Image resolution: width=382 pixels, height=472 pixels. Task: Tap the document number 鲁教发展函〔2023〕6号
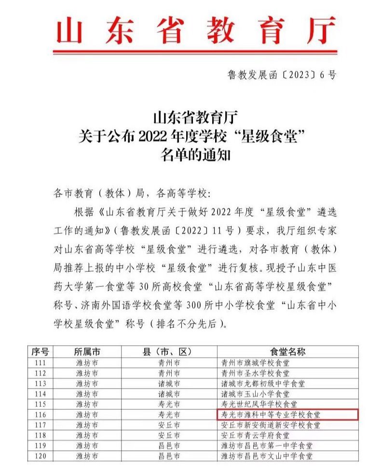coord(281,75)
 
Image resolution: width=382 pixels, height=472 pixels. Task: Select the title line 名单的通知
coord(192,156)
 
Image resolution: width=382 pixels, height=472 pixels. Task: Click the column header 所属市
coord(87,351)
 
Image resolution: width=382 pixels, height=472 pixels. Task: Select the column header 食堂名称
coord(287,351)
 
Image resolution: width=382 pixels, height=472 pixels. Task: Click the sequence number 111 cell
coord(41,363)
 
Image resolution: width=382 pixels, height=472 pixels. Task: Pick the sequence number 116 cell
coord(41,414)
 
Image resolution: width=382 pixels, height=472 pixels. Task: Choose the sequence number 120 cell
coord(41,456)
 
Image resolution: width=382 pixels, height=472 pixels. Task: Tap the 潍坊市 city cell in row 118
coord(87,435)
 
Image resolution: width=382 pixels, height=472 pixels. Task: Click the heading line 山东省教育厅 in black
coord(192,118)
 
